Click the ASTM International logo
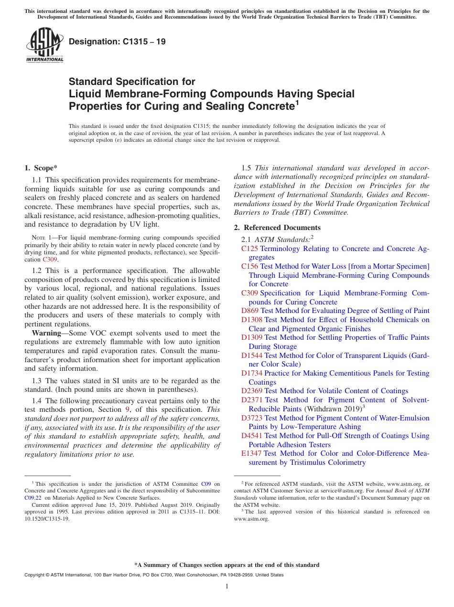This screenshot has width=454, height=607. tap(44, 45)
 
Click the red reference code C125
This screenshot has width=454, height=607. tap(250, 249)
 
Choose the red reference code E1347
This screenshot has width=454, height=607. tap(252, 453)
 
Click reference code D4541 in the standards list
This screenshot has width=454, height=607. tap(252, 436)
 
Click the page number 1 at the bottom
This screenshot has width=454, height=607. tap(227, 586)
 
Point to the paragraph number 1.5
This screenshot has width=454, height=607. tap(247, 168)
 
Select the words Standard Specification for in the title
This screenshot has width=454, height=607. tap(132, 82)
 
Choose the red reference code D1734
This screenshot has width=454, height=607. tap(252, 373)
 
